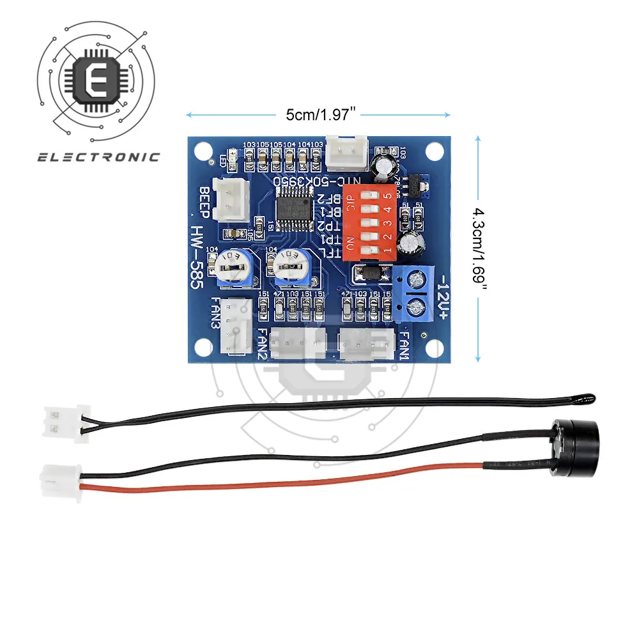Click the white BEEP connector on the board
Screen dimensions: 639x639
pos(227,199)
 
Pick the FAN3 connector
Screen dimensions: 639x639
pos(236,326)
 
